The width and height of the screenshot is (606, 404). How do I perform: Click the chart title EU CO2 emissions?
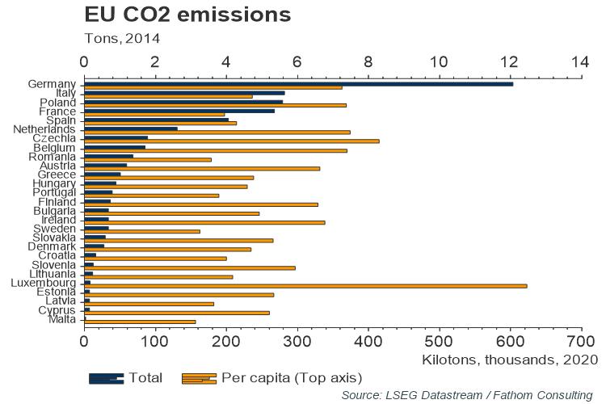[x=187, y=15]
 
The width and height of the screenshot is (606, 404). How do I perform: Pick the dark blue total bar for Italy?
[x=184, y=93]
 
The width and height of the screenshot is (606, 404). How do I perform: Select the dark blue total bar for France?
[x=179, y=111]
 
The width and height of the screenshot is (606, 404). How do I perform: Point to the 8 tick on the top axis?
[x=368, y=61]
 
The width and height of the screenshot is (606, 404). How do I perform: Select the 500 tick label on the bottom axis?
[x=440, y=342]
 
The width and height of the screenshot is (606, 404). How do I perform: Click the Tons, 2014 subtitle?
[x=122, y=37]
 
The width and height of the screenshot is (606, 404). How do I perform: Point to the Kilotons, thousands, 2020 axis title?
[x=509, y=359]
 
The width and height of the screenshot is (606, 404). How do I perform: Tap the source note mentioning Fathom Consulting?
[x=466, y=394]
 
